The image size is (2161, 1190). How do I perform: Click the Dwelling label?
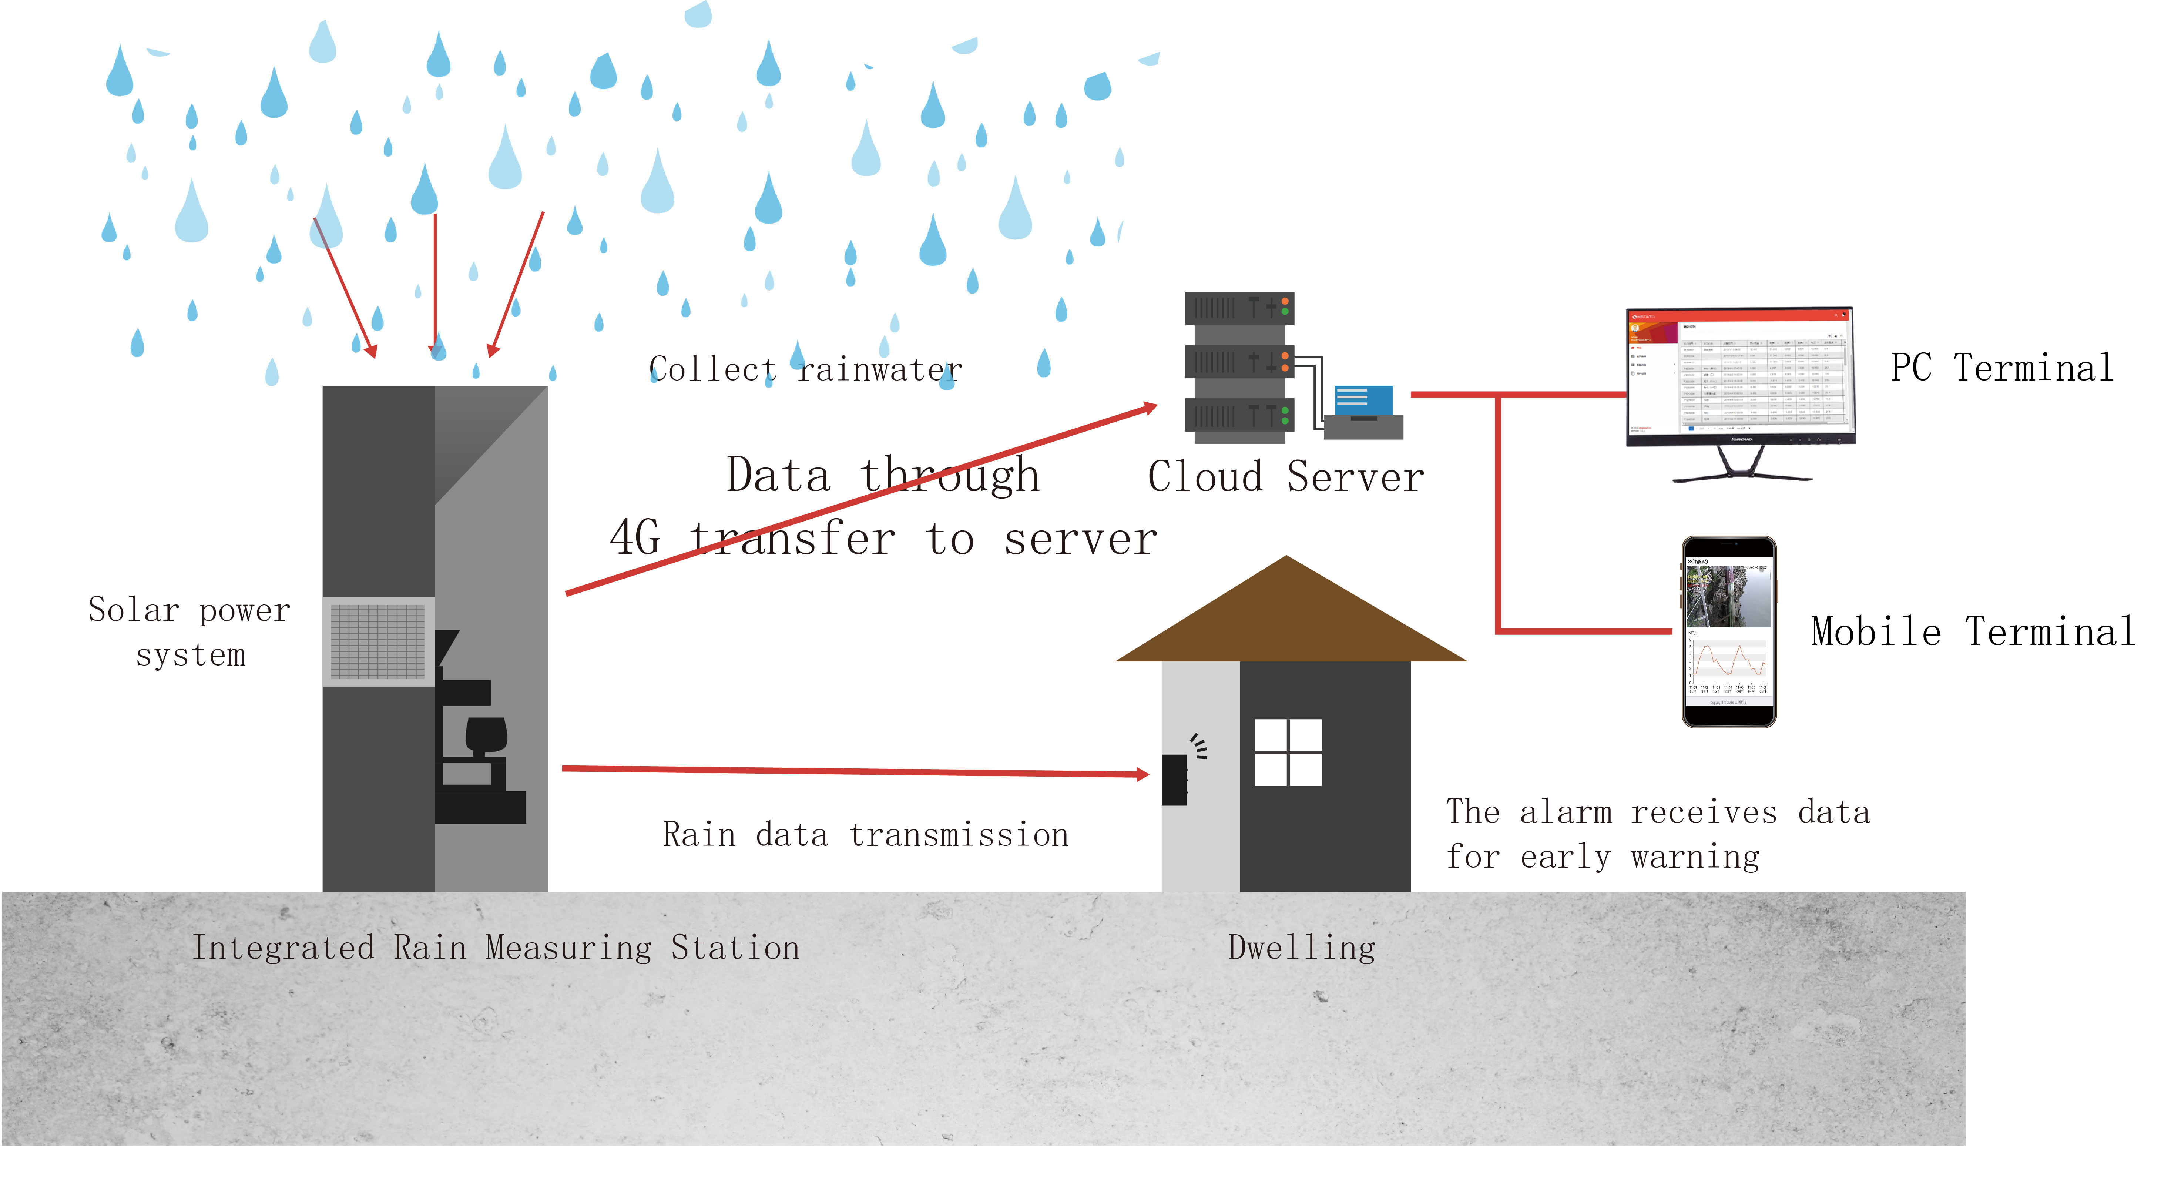(x=1301, y=948)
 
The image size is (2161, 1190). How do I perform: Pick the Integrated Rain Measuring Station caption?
(x=496, y=948)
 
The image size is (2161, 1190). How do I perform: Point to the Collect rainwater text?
(x=805, y=369)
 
